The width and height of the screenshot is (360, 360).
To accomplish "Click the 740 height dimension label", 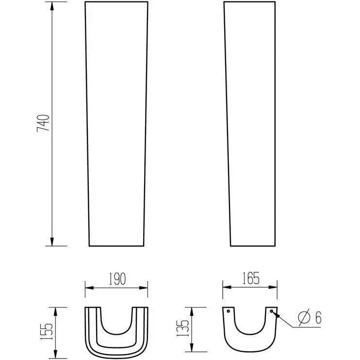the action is tap(43, 123).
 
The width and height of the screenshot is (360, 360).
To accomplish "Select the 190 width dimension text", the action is tap(117, 278).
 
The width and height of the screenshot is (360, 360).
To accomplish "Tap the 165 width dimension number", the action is tap(251, 278).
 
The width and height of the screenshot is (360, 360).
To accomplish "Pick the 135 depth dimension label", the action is tap(183, 328).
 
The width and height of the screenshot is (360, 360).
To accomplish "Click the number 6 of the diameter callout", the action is tap(318, 317).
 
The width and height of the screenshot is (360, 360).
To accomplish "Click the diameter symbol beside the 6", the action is tap(304, 317).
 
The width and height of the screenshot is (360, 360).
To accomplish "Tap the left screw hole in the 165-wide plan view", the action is tap(228, 311).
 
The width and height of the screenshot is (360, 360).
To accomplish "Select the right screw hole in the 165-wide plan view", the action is tap(271, 311).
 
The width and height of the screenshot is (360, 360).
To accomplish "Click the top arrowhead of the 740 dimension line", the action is tap(52, 6).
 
